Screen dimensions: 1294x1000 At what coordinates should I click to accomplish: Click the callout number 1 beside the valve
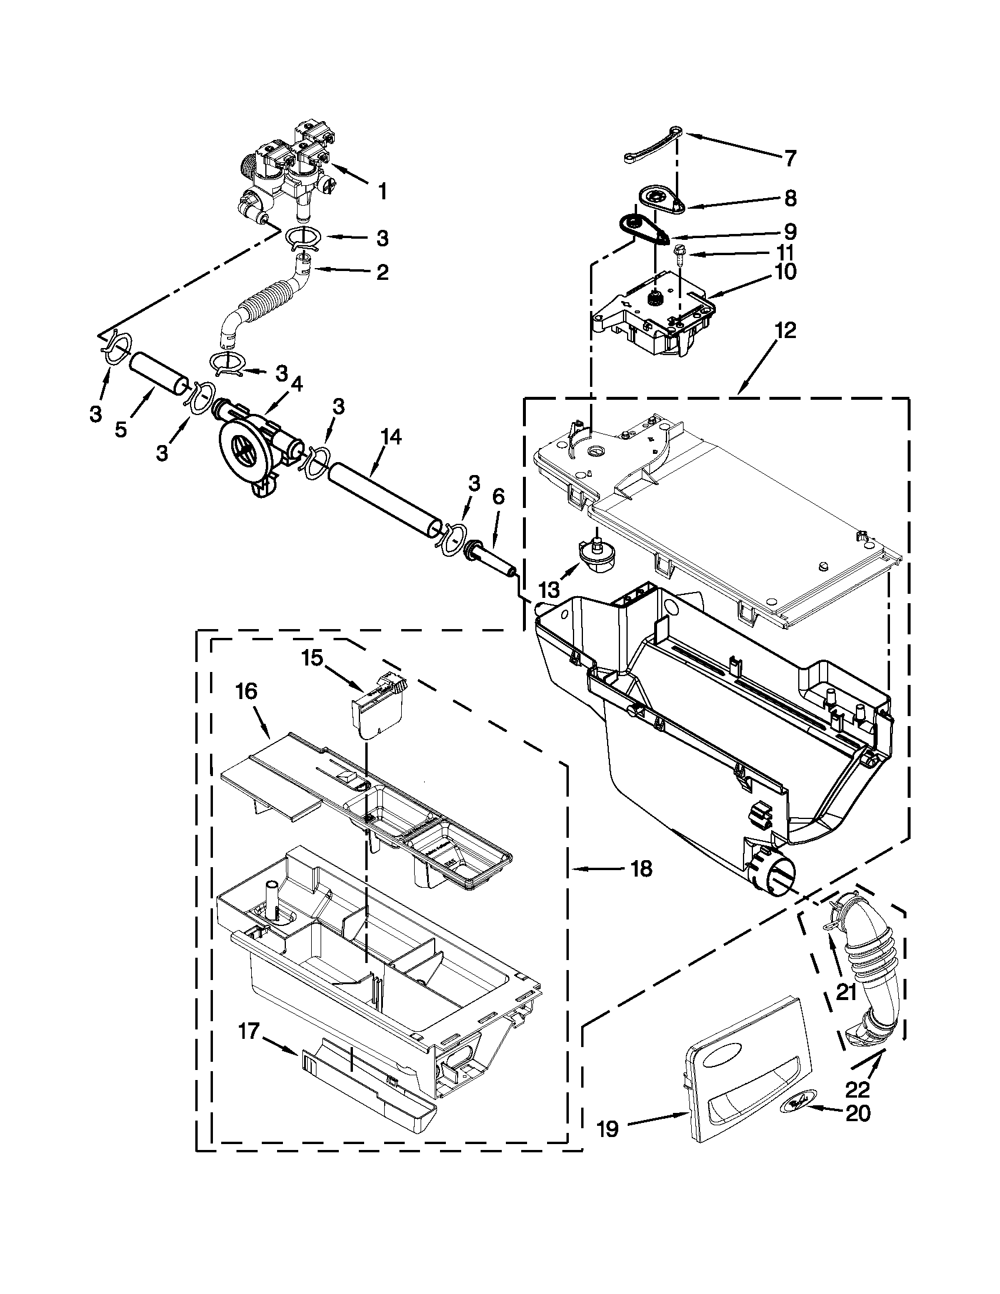point(383,191)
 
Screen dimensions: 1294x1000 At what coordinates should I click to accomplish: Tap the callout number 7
point(790,158)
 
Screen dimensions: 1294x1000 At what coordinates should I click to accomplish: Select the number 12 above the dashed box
point(785,330)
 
